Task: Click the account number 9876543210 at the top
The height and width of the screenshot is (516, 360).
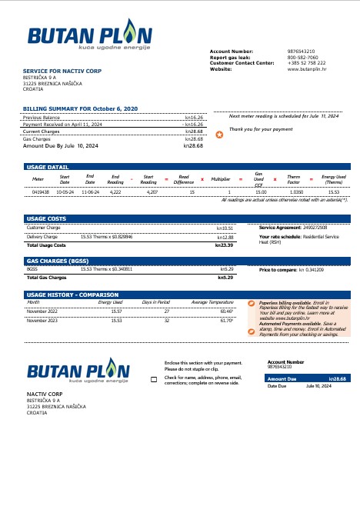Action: tap(301, 51)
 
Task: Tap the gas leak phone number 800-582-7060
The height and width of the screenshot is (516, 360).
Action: tap(302, 57)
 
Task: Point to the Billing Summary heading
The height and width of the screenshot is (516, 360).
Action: tap(68, 109)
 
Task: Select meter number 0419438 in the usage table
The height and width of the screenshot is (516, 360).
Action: tap(41, 191)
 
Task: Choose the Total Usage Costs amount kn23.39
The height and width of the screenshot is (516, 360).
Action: tap(224, 245)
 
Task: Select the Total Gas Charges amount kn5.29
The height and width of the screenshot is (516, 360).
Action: tap(225, 277)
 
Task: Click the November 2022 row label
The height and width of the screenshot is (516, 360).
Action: tap(42, 311)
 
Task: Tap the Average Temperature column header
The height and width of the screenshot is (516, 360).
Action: tap(210, 302)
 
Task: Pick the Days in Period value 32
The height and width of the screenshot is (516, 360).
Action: tap(166, 319)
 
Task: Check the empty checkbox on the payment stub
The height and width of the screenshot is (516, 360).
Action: tap(153, 380)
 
